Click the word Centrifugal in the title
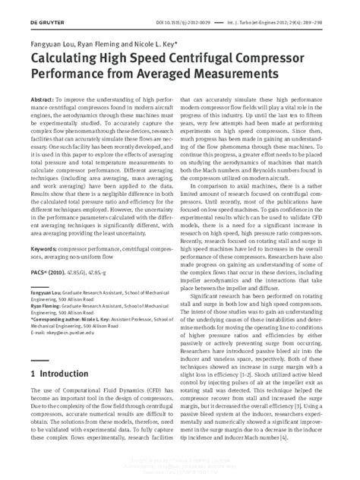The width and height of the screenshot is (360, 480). pos(189,60)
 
